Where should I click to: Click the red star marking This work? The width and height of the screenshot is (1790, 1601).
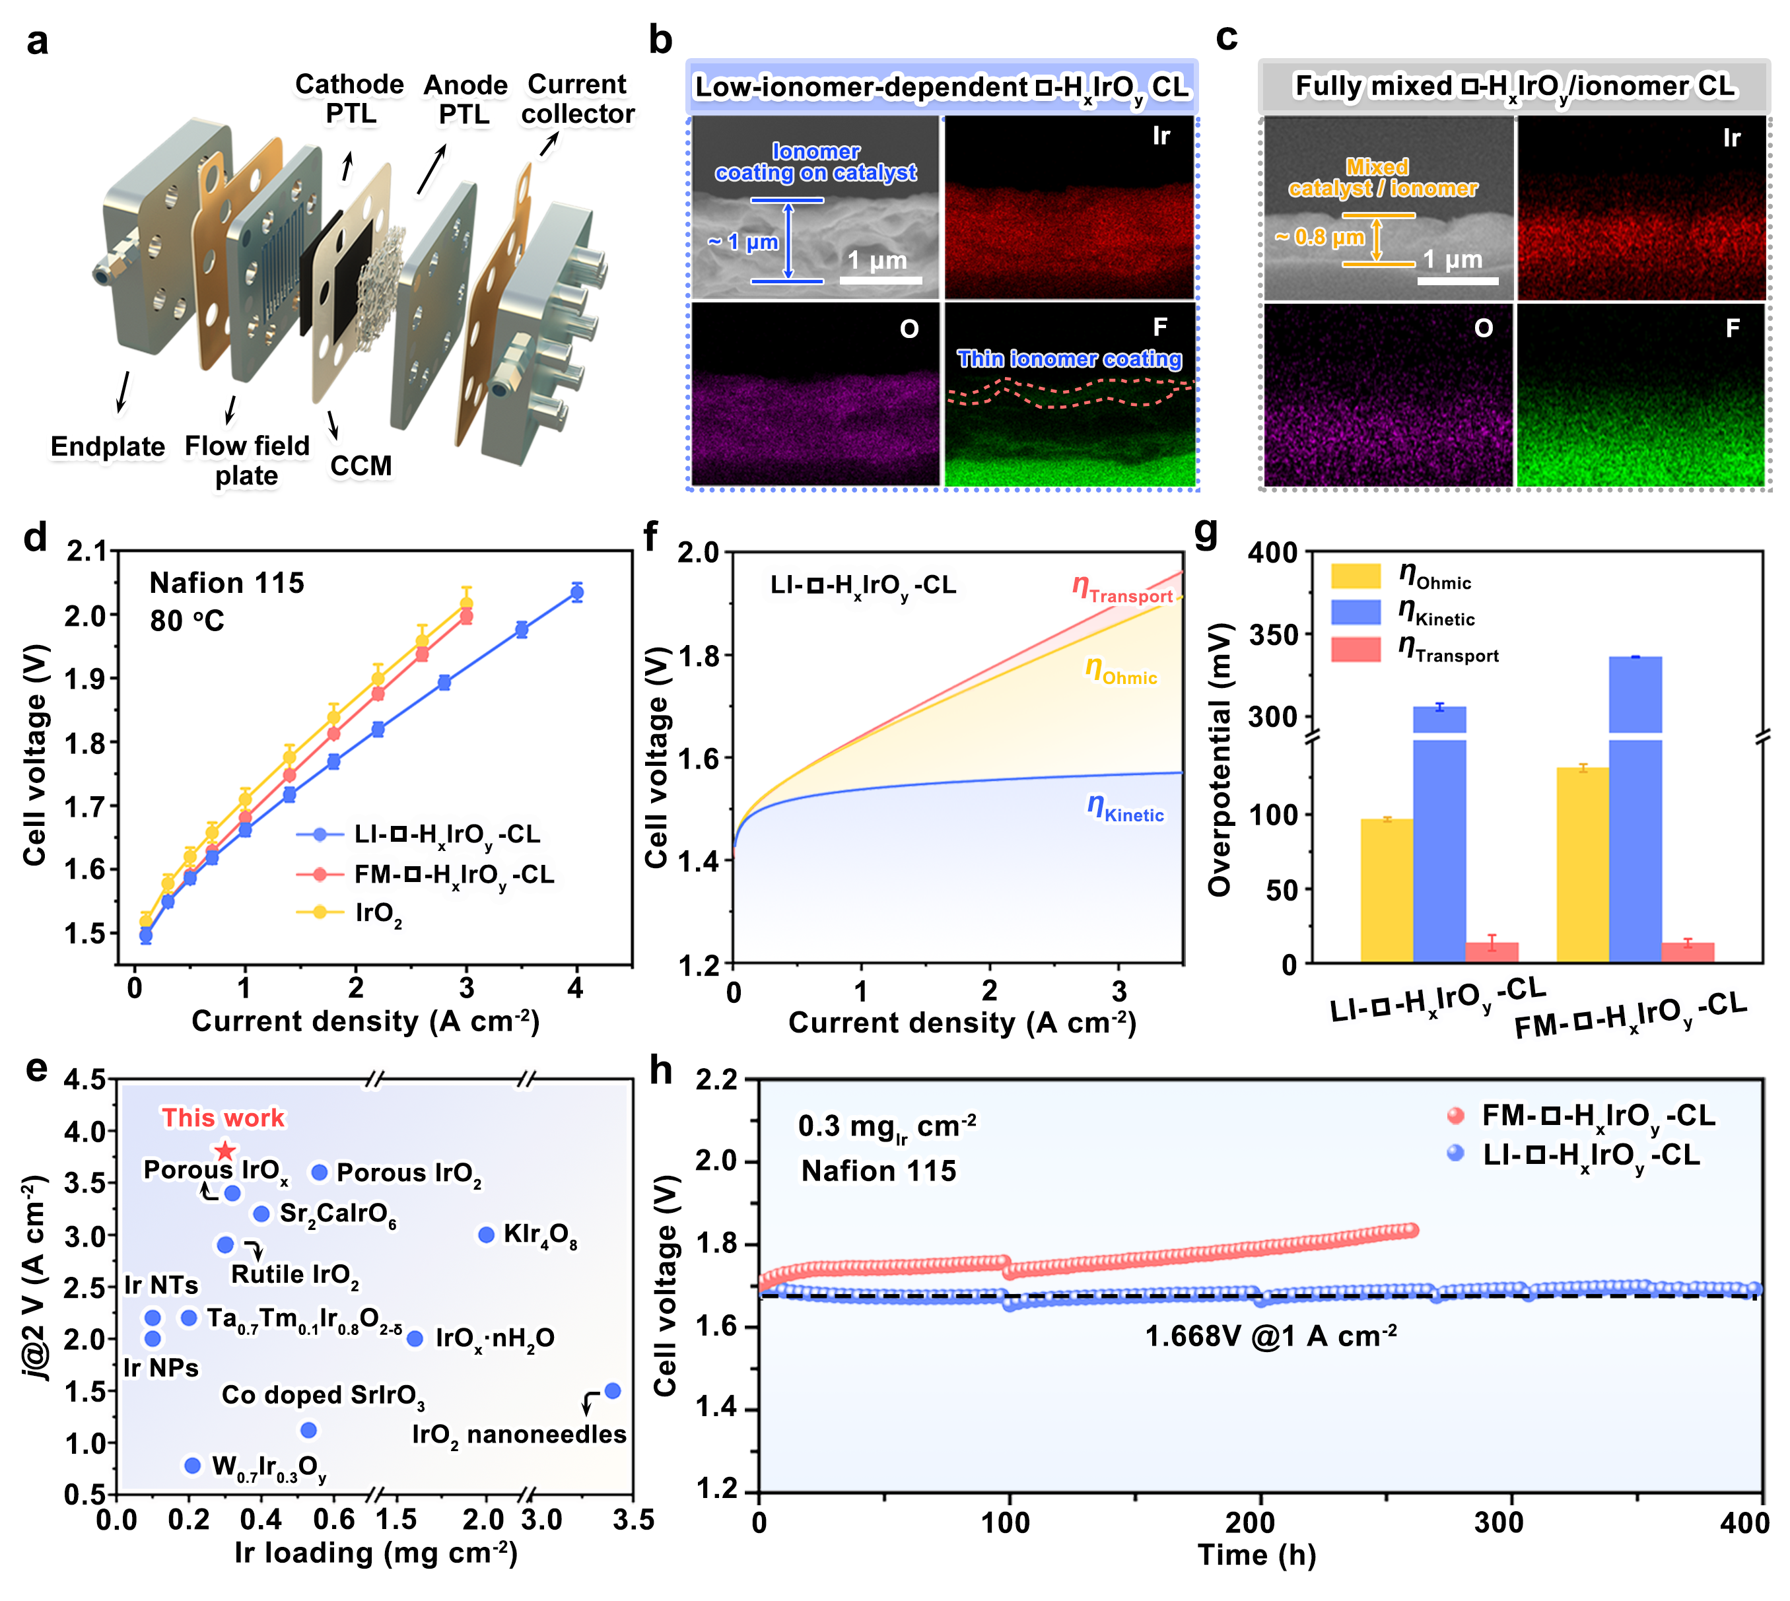coord(225,1151)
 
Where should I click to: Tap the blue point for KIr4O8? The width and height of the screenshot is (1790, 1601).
coord(485,1235)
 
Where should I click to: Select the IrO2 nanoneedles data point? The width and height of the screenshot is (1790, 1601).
coord(613,1391)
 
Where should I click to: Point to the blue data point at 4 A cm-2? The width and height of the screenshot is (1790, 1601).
coord(577,592)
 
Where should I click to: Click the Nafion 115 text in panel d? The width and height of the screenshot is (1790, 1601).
coord(227,582)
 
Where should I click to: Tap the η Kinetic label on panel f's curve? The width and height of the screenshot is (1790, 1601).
coord(1125,808)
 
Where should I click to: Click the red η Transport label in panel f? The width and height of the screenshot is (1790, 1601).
coord(1122,590)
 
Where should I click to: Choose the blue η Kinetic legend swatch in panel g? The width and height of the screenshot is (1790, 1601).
coord(1356,612)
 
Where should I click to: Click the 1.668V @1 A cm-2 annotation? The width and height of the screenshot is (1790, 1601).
coord(1270,1336)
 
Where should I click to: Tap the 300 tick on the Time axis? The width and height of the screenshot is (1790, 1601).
coord(1499,1522)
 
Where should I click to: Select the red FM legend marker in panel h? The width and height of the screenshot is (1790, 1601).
coord(1456,1116)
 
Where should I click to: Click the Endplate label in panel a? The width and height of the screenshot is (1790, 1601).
coord(108,446)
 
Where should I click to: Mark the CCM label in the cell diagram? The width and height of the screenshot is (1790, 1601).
coord(361,465)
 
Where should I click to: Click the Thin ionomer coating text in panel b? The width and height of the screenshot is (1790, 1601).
coord(1069,359)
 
